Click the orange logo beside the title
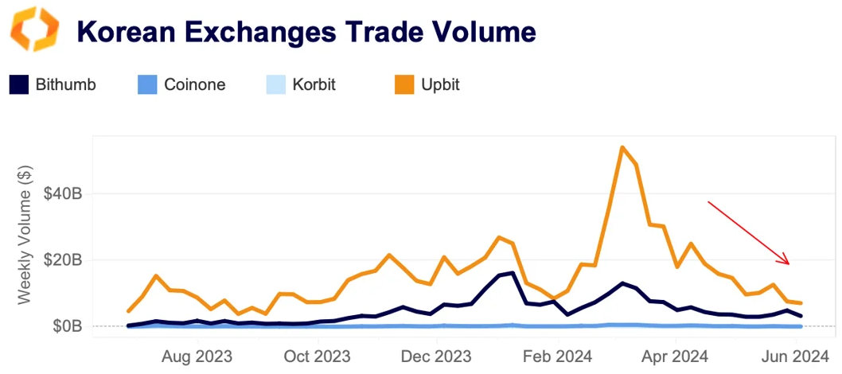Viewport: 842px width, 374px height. tap(33, 31)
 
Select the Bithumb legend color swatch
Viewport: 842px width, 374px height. tap(19, 84)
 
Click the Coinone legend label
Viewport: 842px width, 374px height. tap(194, 84)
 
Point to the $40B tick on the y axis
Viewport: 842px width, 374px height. tap(62, 193)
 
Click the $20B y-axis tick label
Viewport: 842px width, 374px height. tap(62, 259)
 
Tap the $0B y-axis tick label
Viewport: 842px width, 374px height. tap(66, 325)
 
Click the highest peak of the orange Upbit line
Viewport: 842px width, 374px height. tap(622, 147)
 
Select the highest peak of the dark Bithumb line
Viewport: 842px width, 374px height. tap(513, 273)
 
